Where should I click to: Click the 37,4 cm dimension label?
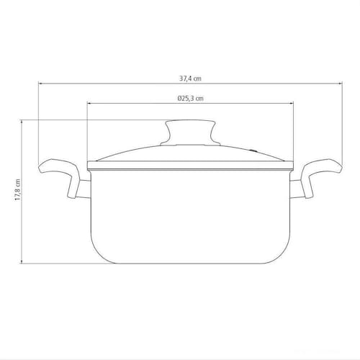pos(190,78)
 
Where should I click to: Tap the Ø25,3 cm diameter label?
pos(190,98)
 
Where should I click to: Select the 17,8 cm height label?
pos(17,189)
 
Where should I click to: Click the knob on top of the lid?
pos(190,132)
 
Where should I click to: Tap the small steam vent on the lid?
pos(253,151)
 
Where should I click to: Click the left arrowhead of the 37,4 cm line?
pos(40,84)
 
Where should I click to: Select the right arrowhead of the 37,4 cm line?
pos(340,84)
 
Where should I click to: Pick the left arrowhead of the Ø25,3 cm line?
pos(89,103)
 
